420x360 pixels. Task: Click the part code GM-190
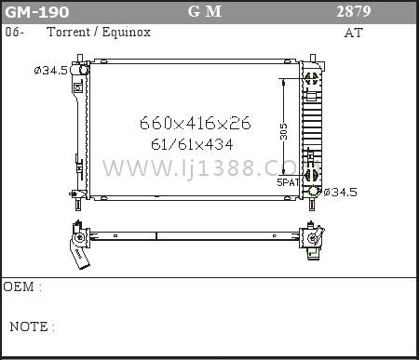[37, 12]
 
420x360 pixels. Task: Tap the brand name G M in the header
[205, 12]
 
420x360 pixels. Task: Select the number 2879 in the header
[354, 11]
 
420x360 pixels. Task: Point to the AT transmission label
[353, 33]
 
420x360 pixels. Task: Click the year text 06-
[14, 32]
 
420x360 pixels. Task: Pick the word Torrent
[68, 32]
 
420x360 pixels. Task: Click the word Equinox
[126, 32]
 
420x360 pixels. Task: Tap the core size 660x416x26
[195, 123]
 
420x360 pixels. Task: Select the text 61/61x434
[192, 144]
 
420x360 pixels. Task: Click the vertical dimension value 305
[283, 131]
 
